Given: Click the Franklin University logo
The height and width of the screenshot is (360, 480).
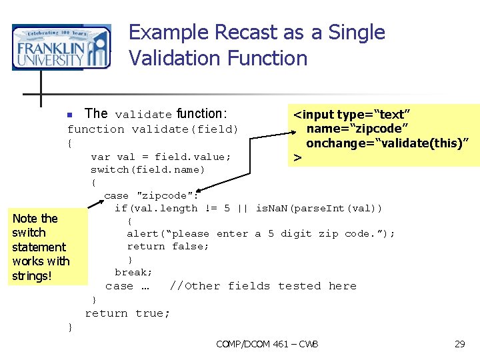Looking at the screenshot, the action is [61, 47].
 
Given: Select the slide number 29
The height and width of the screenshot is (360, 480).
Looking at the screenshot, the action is [459, 344].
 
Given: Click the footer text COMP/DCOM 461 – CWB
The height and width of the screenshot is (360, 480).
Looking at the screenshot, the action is [267, 344].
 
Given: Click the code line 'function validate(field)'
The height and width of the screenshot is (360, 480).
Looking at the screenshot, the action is [153, 129].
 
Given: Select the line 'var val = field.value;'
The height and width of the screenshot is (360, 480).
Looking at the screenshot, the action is [161, 157].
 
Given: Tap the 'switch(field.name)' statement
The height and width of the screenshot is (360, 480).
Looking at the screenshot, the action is [148, 169].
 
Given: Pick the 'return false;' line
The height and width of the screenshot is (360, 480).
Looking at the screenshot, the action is [168, 246].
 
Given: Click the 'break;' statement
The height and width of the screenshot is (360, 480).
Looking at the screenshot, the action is [133, 272].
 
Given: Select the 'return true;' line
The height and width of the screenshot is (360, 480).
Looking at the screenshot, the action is [127, 313].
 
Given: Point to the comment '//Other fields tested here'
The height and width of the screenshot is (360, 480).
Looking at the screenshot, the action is [263, 286].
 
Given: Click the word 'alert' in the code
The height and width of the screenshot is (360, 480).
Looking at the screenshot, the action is [143, 233].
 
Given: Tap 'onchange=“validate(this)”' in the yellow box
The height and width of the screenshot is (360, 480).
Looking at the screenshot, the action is [387, 143].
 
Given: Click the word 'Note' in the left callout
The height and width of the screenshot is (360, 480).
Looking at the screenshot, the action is [25, 219].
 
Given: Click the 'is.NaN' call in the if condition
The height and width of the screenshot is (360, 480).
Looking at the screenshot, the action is [272, 209].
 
